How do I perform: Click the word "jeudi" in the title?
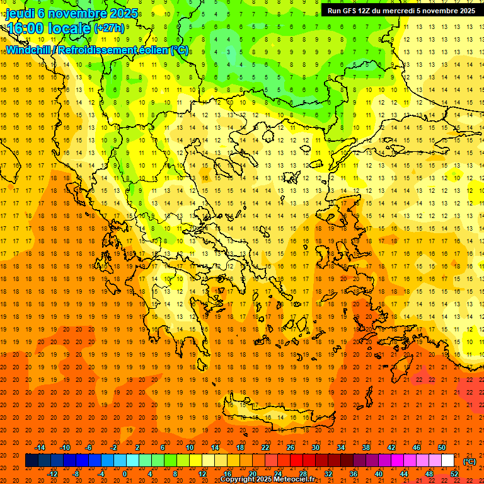[x=20, y=13]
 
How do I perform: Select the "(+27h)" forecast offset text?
[x=110, y=28]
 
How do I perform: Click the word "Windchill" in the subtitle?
[x=28, y=50]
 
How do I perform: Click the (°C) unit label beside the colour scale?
[x=470, y=461]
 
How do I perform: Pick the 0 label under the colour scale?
[x=125, y=474]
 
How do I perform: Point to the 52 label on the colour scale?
[x=454, y=474]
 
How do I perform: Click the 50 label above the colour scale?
[x=442, y=447]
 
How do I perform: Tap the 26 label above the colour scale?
[x=290, y=447]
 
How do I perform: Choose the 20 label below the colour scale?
[x=252, y=474]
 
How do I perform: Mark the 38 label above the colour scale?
[x=366, y=447]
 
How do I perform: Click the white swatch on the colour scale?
[x=448, y=461]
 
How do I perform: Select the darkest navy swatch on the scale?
[x=32, y=461]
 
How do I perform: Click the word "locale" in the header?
[x=69, y=28]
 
